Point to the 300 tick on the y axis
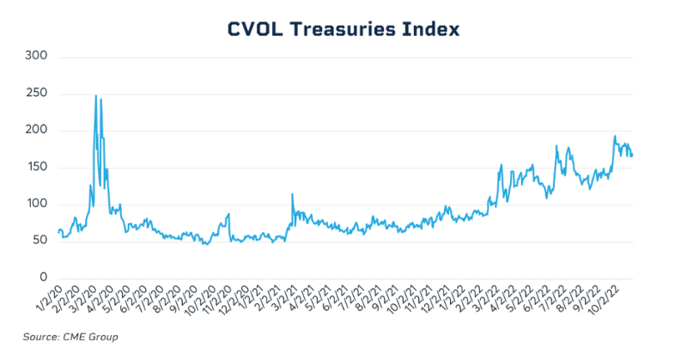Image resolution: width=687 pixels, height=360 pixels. (36, 57)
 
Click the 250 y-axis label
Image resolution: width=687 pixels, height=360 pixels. (36, 94)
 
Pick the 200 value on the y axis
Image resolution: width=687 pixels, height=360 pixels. (36, 131)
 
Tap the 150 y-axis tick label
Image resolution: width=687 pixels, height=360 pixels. (36, 168)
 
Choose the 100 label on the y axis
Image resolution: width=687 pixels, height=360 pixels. (36, 204)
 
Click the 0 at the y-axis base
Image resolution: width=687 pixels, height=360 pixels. (43, 278)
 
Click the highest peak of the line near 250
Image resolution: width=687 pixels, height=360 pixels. (96, 95)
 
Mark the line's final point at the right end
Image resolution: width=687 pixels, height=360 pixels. (632, 156)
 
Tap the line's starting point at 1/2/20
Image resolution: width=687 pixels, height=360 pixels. (58, 232)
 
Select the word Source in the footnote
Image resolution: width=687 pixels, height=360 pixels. (39, 336)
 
